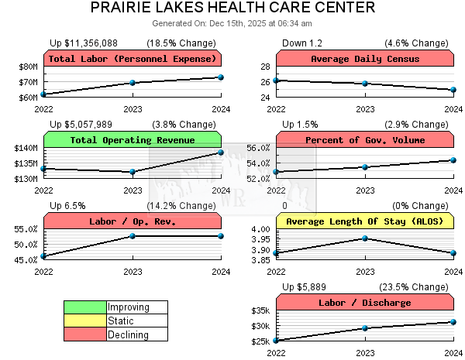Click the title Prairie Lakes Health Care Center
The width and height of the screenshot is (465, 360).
pyautogui.click(x=232, y=9)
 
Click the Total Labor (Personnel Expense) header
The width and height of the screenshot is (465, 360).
pyautogui.click(x=132, y=59)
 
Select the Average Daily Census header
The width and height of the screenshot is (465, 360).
pyautogui.click(x=364, y=59)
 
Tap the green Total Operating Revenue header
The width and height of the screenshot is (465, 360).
pyautogui.click(x=132, y=140)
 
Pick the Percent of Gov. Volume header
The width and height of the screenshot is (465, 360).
pyautogui.click(x=364, y=140)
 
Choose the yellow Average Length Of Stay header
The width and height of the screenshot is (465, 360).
pyautogui.click(x=364, y=221)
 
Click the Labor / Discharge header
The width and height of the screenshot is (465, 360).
pyautogui.click(x=364, y=303)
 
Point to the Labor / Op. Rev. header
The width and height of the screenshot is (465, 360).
pyautogui.click(x=132, y=221)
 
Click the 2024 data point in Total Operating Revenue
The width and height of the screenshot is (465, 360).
pyautogui.click(x=221, y=153)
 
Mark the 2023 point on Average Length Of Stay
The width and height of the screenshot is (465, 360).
pyautogui.click(x=364, y=238)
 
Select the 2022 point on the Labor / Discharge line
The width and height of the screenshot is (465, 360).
pyautogui.click(x=276, y=341)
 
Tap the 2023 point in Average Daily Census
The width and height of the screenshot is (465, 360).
pyautogui.click(x=364, y=84)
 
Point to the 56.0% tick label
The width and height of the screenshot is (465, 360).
pyautogui.click(x=258, y=148)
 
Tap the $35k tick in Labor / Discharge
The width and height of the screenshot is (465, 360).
pyautogui.click(x=259, y=310)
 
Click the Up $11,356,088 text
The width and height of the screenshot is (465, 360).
pyautogui.click(x=84, y=43)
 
